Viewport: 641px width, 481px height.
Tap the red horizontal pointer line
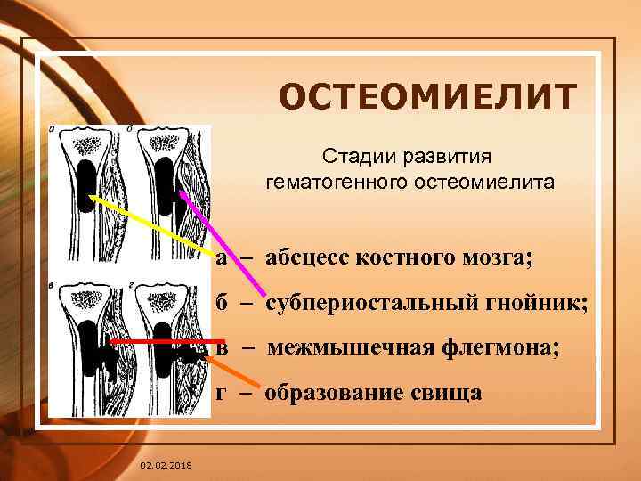[160, 341]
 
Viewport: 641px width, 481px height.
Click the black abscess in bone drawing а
[87, 183]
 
